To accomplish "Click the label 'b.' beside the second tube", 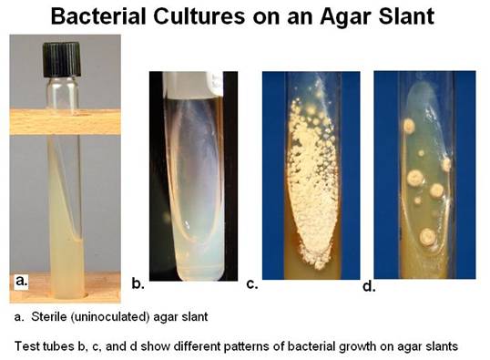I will [x=138, y=284].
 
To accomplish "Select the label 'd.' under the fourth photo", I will [x=367, y=288].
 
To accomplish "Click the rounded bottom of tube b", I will [x=191, y=264].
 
